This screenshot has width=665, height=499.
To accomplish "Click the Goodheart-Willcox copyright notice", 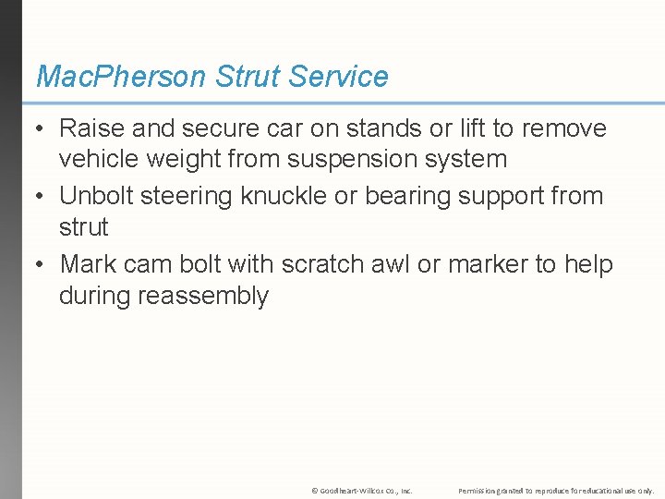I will tap(362, 490).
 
